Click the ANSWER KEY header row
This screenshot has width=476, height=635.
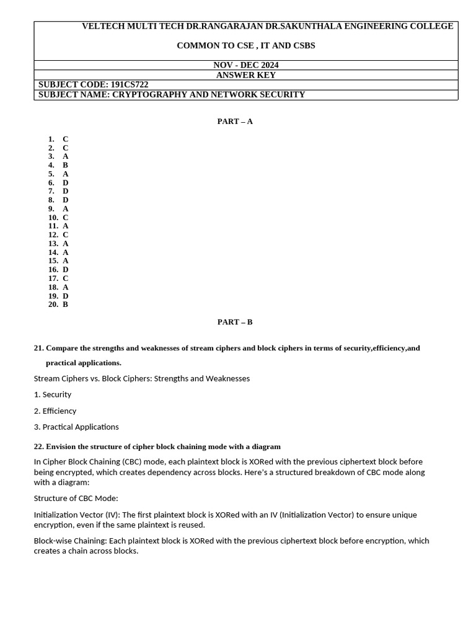(x=245, y=75)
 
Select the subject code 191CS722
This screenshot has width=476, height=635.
(x=130, y=85)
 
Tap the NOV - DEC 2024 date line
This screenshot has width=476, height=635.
(x=245, y=65)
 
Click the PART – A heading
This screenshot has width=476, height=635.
(x=235, y=122)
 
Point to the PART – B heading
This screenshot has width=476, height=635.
(x=235, y=322)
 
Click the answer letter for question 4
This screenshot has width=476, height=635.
(x=65, y=166)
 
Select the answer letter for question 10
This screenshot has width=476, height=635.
(x=65, y=218)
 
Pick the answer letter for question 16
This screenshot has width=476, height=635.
(x=65, y=270)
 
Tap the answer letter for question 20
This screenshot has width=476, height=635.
(x=65, y=304)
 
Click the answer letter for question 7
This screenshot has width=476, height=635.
(x=65, y=192)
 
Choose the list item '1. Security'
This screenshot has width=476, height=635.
(x=53, y=394)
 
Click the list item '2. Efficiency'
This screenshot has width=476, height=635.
(x=55, y=411)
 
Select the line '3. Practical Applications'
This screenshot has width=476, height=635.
(x=76, y=427)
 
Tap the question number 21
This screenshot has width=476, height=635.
(x=38, y=348)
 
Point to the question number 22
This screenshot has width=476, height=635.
(x=38, y=446)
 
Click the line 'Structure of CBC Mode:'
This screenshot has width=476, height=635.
(x=76, y=498)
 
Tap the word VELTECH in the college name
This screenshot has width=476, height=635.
(x=103, y=26)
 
